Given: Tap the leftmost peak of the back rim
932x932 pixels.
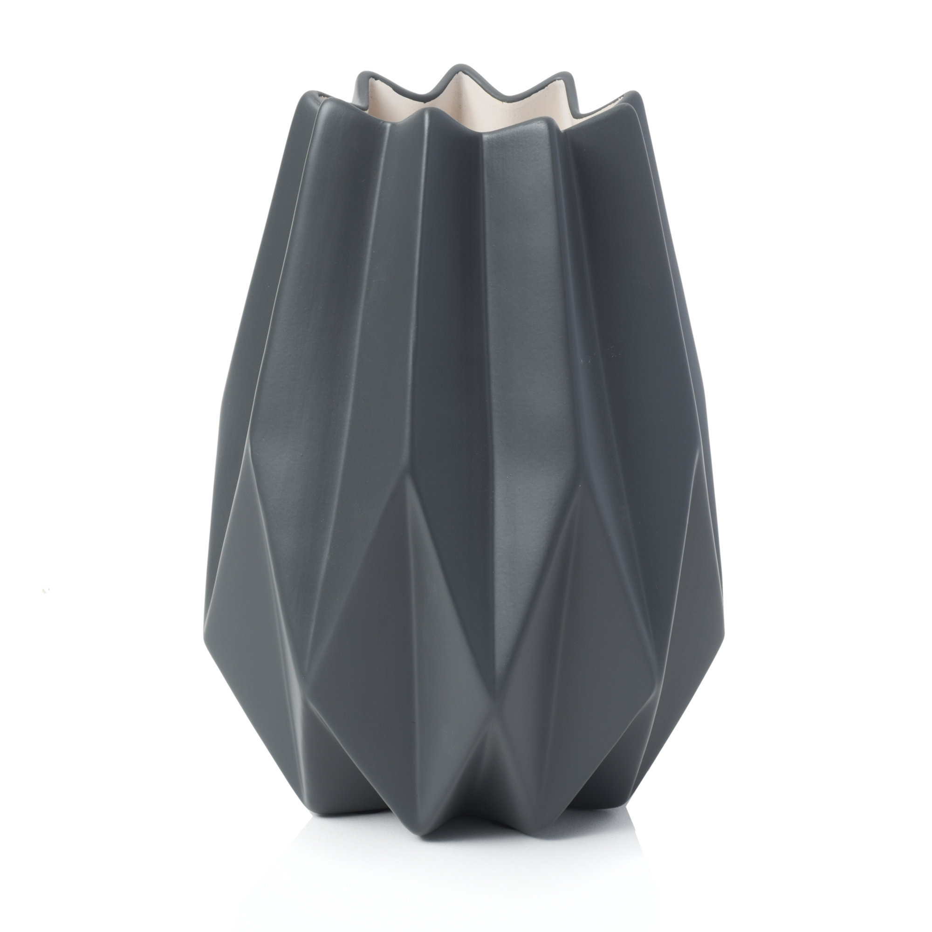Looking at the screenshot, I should tap(361, 75).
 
